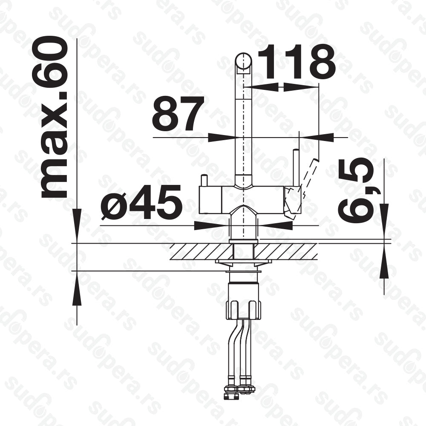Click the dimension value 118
296,61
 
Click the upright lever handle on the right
296,168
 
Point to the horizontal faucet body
243,200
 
